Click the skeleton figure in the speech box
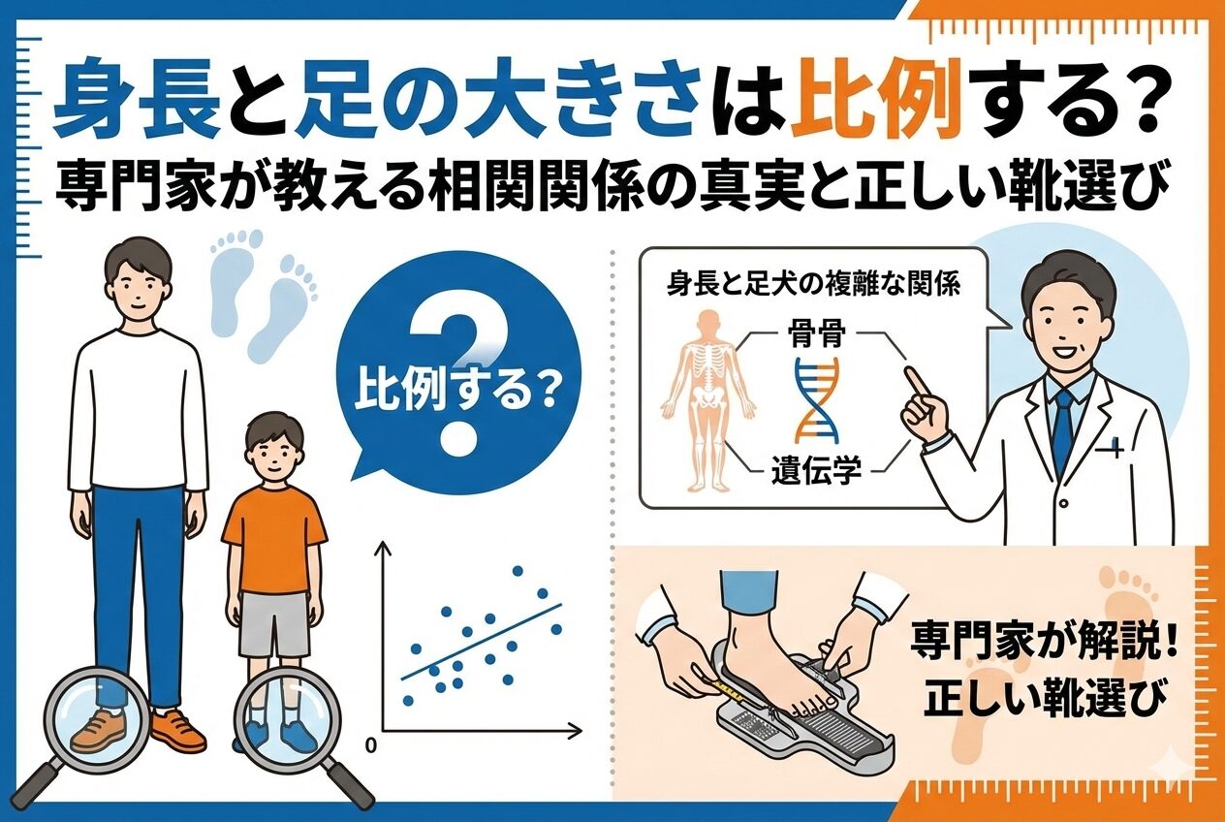707,401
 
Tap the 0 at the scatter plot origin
371,745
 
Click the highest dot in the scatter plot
518,572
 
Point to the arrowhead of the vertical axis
382,547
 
